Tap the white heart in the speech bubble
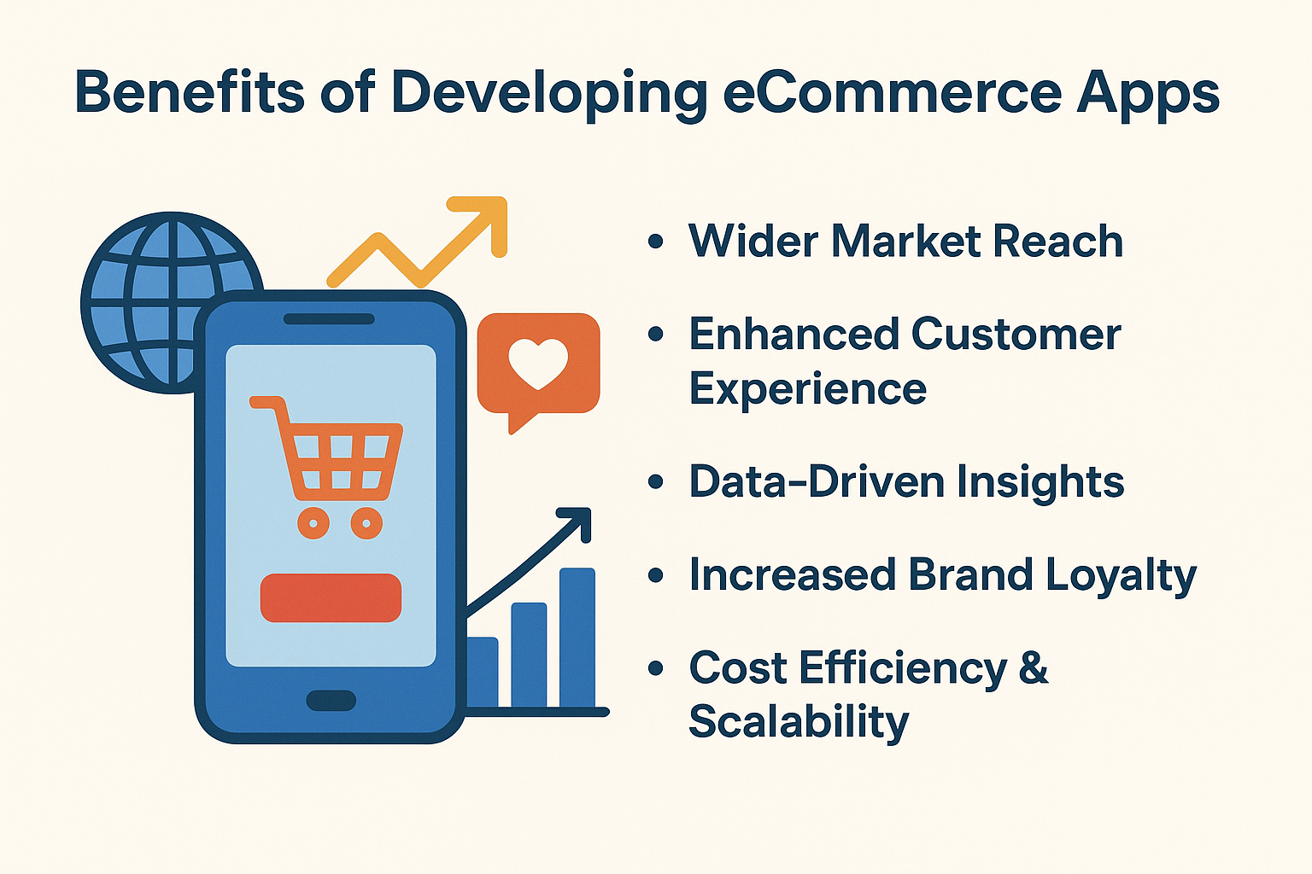[x=538, y=362]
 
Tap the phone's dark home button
[x=331, y=701]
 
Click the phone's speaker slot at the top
[x=329, y=319]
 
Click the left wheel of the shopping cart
[x=313, y=521]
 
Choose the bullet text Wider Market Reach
[x=905, y=241]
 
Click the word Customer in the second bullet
[x=1016, y=334]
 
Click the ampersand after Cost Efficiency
[x=1033, y=667]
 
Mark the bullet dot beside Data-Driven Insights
[x=656, y=482]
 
